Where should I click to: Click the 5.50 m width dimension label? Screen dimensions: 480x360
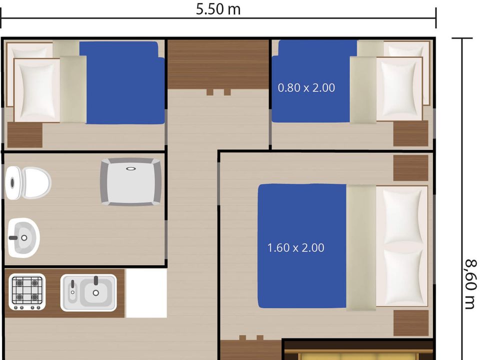pyautogui.click(x=218, y=9)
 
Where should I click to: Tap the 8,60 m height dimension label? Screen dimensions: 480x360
pyautogui.click(x=471, y=284)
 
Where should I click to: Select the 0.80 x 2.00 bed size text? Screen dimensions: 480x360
pyautogui.click(x=306, y=88)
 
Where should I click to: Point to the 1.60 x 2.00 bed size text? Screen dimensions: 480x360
pyautogui.click(x=295, y=247)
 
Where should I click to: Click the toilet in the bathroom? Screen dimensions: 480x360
pyautogui.click(x=28, y=183)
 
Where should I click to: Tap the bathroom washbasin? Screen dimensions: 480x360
pyautogui.click(x=23, y=238)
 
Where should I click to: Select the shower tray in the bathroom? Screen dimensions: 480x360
pyautogui.click(x=131, y=182)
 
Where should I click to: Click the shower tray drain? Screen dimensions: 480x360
pyautogui.click(x=131, y=168)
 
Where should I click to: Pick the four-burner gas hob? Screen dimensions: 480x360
pyautogui.click(x=27, y=291)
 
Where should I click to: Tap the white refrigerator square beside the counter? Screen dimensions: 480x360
pyautogui.click(x=146, y=293)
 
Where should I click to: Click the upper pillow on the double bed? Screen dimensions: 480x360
pyautogui.click(x=401, y=215)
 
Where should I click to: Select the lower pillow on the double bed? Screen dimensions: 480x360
pyautogui.click(x=401, y=276)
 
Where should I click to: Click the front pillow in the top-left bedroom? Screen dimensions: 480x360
pyautogui.click(x=37, y=90)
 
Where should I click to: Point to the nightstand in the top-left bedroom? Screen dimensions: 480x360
pyautogui.click(x=25, y=135)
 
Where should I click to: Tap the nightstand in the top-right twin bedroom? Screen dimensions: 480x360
pyautogui.click(x=410, y=133)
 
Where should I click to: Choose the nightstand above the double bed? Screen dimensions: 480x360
pyautogui.click(x=410, y=168)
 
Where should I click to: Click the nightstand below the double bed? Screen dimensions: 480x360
pyautogui.click(x=411, y=323)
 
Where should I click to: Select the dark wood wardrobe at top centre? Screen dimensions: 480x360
pyautogui.click(x=218, y=64)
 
